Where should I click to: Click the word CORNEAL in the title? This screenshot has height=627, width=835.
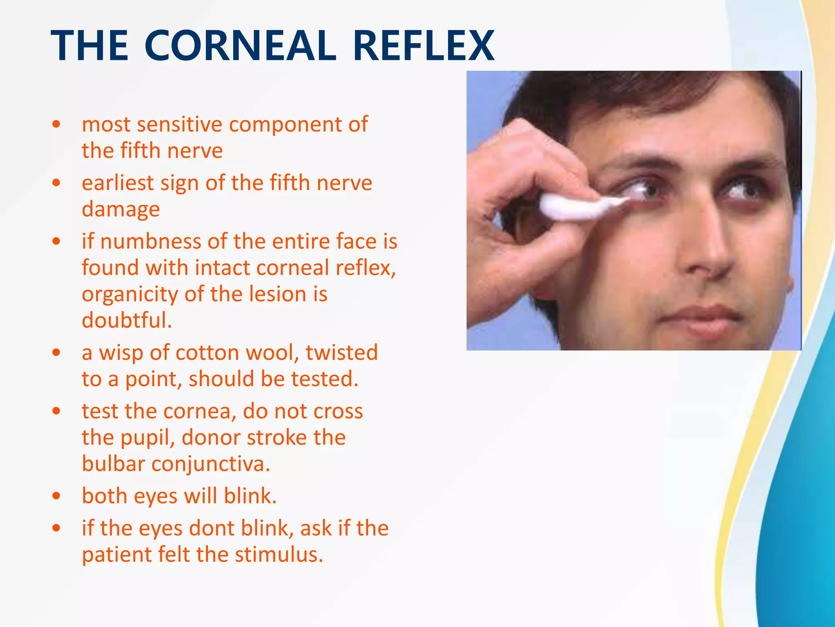point(240,46)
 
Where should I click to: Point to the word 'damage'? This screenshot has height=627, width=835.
point(121,209)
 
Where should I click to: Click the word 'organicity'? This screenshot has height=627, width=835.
point(130,294)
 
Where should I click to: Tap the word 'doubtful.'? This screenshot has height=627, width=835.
point(127,320)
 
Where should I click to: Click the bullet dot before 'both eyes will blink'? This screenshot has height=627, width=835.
point(57,496)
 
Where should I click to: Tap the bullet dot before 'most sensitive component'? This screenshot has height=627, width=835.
point(57,124)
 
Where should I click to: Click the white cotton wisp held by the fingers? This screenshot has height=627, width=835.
point(579,207)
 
